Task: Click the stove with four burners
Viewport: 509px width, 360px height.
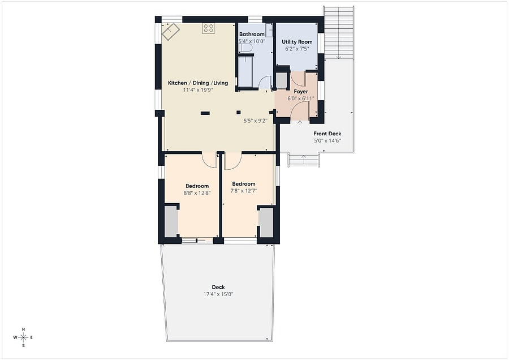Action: pyautogui.click(x=208, y=28)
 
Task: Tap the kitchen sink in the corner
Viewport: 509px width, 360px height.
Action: pyautogui.click(x=171, y=32)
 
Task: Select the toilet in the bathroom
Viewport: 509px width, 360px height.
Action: pyautogui.click(x=247, y=48)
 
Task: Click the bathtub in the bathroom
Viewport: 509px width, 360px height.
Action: pyautogui.click(x=245, y=71)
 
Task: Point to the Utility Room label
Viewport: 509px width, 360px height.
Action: pyautogui.click(x=297, y=41)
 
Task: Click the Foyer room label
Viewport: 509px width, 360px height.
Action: pyautogui.click(x=301, y=92)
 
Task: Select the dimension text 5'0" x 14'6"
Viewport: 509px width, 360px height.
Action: pyautogui.click(x=327, y=141)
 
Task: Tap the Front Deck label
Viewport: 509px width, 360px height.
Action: pyautogui.click(x=327, y=134)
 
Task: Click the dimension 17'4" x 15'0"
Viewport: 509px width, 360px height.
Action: pyautogui.click(x=218, y=294)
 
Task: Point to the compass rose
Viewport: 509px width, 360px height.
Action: pyautogui.click(x=23, y=337)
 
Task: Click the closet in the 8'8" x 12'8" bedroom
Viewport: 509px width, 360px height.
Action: pyautogui.click(x=171, y=221)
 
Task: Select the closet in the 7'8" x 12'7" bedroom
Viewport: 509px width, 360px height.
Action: pyautogui.click(x=266, y=222)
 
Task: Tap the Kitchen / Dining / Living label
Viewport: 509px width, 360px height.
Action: pyautogui.click(x=198, y=83)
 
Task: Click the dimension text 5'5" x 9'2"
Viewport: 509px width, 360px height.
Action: pyautogui.click(x=256, y=121)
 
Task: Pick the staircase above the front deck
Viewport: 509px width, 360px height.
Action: pyautogui.click(x=339, y=32)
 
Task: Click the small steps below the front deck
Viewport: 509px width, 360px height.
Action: pyautogui.click(x=304, y=160)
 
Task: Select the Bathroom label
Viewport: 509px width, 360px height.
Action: pyautogui.click(x=252, y=34)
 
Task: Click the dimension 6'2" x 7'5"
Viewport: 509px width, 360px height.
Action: pyautogui.click(x=297, y=49)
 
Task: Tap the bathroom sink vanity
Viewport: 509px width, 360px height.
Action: pyautogui.click(x=269, y=30)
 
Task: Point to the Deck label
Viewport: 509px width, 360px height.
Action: pyautogui.click(x=218, y=287)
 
